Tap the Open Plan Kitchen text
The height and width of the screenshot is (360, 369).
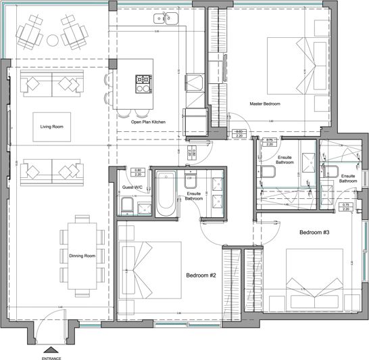pos(148,122)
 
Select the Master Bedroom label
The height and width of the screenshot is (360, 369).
pos(265,104)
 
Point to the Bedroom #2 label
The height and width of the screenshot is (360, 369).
pos(201,275)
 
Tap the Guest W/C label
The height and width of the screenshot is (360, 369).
pos(131,187)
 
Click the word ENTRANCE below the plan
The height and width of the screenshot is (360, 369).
pos(52,356)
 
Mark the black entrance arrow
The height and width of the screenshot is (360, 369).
pos(52,348)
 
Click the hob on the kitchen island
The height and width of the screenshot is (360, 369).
pos(144,83)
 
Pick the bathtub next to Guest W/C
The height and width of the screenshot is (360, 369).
pos(166,194)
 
